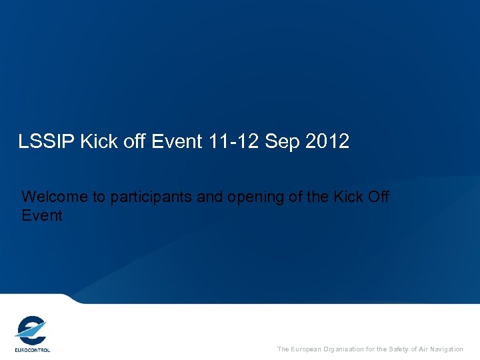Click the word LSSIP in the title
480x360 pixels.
click(47, 141)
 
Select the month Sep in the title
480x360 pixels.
click(281, 141)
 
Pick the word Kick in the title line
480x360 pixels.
click(97, 141)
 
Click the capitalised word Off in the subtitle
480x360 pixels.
click(377, 197)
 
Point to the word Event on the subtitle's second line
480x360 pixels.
click(41, 216)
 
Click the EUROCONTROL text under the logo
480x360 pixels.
click(32, 349)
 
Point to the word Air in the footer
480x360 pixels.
click(421, 349)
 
